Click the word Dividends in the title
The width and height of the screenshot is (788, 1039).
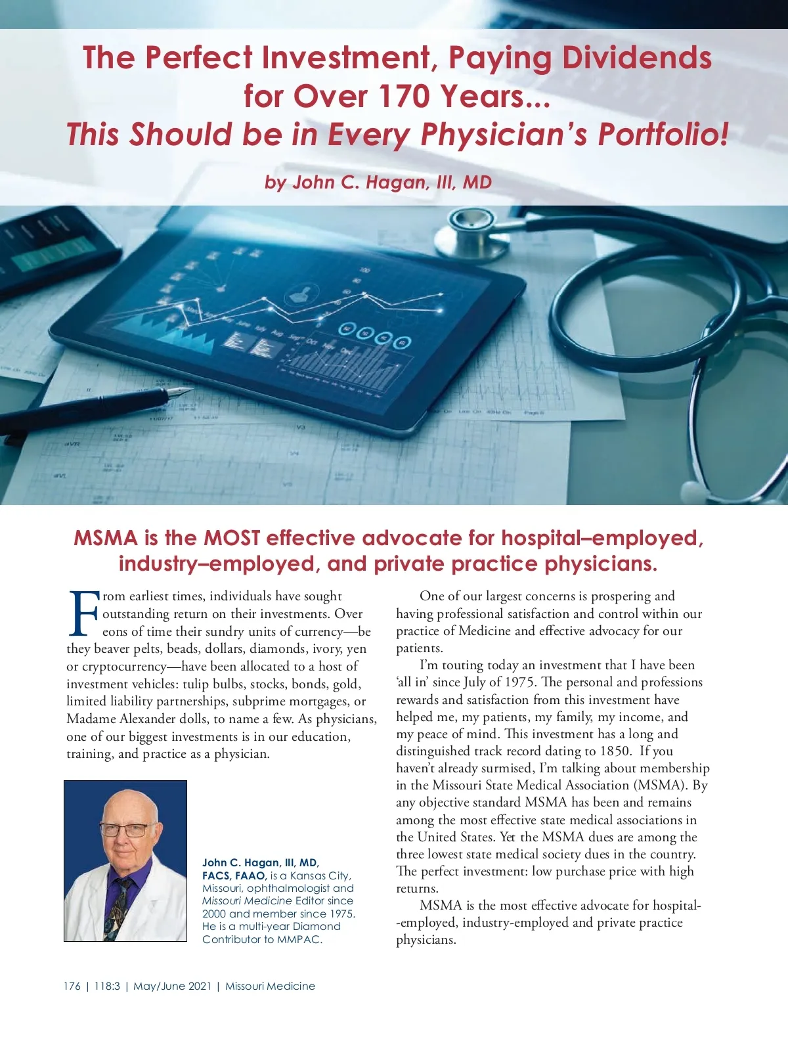(636, 58)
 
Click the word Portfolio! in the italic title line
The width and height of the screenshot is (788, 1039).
(663, 134)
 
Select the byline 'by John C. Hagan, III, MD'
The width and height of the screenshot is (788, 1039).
(378, 182)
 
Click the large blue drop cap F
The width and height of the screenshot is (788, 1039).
(83, 613)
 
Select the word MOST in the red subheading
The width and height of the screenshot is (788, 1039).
(231, 538)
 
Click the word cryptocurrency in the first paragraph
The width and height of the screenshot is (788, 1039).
(124, 666)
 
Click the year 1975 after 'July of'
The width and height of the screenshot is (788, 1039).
(519, 682)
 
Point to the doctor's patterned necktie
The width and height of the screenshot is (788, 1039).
(119, 906)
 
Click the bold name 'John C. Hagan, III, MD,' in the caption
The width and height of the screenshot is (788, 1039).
(261, 862)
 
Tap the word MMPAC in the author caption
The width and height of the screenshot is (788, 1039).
(299, 939)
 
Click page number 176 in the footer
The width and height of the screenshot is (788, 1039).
(72, 986)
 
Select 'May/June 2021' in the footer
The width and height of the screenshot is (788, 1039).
(172, 986)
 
